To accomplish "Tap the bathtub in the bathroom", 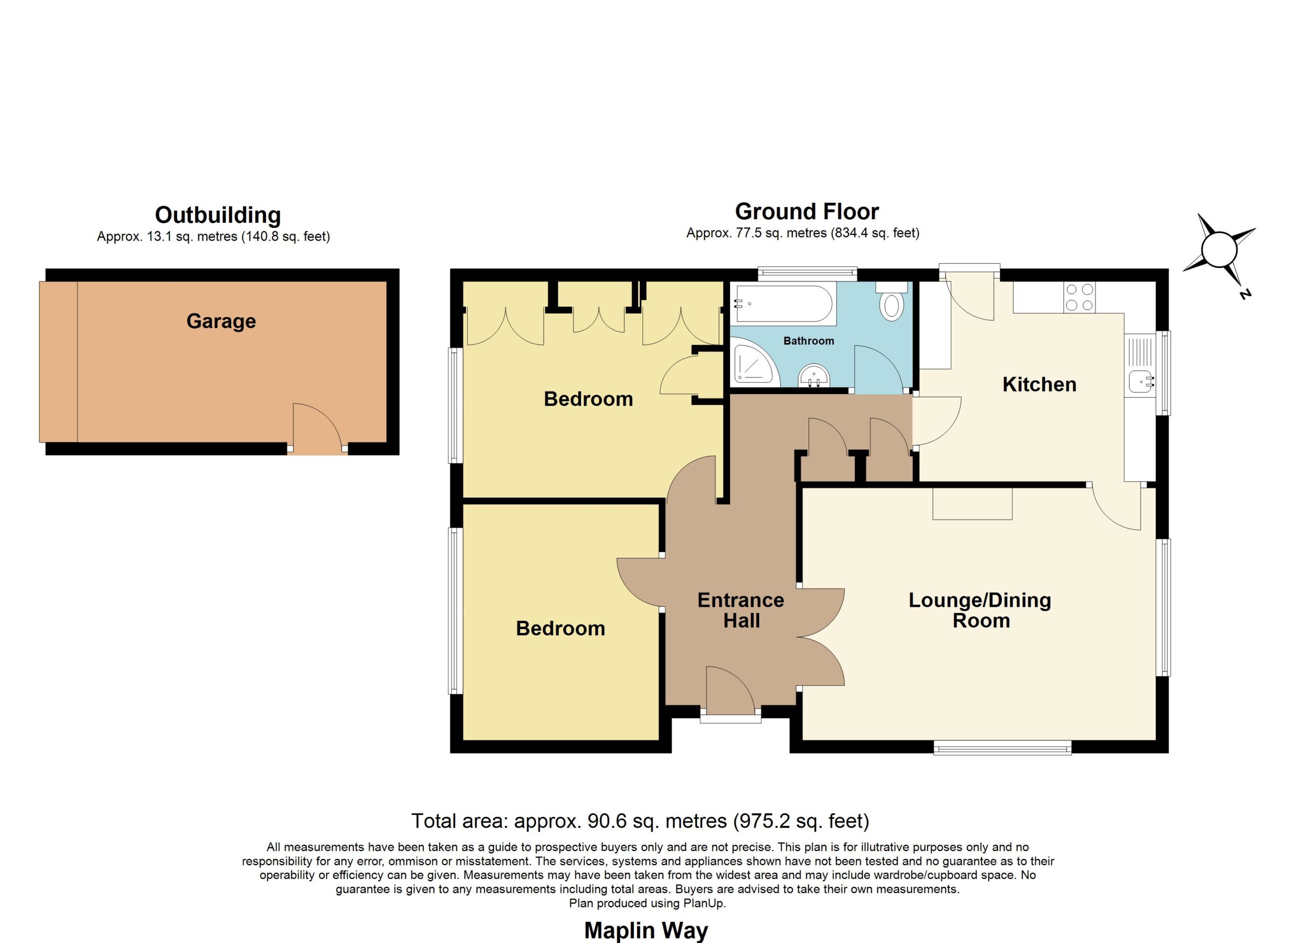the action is click(x=784, y=303).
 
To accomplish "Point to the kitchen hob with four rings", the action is click(x=1079, y=298).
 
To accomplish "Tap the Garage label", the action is click(x=221, y=321).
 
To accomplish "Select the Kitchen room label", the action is click(x=1039, y=384).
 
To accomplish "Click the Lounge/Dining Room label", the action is click(x=980, y=610).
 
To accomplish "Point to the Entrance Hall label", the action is click(x=741, y=610).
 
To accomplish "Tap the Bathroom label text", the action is click(x=808, y=341).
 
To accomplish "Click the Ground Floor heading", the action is click(x=807, y=212).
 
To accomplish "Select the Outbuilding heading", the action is click(x=218, y=215).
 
